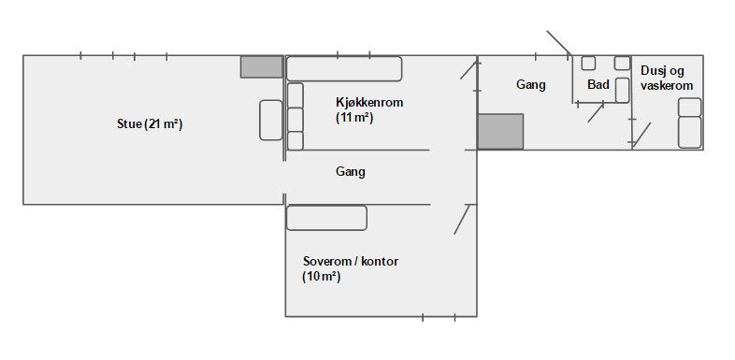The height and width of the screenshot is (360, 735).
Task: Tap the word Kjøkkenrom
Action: click(x=369, y=102)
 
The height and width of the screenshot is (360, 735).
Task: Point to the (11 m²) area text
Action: click(x=354, y=118)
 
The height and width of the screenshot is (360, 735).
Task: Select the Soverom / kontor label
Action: click(x=351, y=261)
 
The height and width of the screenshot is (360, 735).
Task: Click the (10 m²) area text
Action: click(x=321, y=277)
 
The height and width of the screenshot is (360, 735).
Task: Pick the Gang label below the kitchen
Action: click(x=351, y=172)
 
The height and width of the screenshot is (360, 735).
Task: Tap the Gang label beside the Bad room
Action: click(x=530, y=84)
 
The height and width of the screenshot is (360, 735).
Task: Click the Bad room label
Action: click(x=598, y=85)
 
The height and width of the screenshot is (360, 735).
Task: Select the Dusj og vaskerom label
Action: click(x=667, y=78)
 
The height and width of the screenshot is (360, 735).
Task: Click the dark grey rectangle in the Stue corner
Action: click(x=262, y=66)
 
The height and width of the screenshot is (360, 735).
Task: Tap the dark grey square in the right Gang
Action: click(x=500, y=131)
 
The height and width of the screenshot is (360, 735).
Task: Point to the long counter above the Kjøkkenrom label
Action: click(x=343, y=68)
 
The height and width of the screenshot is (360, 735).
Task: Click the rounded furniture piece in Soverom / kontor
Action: click(x=326, y=218)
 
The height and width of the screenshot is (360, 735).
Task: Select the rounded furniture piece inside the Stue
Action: click(x=270, y=120)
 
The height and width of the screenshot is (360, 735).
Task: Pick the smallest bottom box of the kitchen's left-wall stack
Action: click(x=295, y=141)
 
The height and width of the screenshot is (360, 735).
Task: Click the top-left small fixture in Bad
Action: click(x=588, y=64)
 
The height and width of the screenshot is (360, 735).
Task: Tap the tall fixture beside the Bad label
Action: click(x=623, y=89)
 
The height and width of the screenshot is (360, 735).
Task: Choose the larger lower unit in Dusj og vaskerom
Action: click(x=689, y=132)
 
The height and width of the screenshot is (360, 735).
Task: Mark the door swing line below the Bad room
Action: click(x=595, y=112)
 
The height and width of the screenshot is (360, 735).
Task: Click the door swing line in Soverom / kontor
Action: click(x=460, y=219)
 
